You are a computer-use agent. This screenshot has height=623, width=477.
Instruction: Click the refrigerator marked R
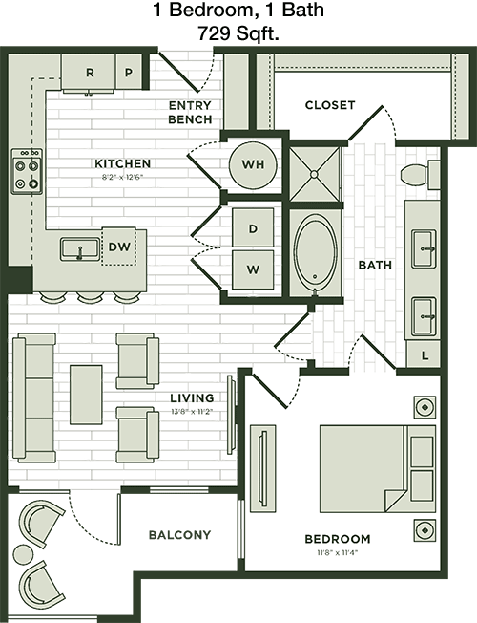click(89, 73)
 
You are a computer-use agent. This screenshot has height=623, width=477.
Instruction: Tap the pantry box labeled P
click(129, 72)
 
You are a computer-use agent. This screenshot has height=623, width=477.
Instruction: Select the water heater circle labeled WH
click(253, 164)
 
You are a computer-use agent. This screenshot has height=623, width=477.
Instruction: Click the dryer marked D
click(253, 228)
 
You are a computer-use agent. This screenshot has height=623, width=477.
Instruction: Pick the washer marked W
click(253, 269)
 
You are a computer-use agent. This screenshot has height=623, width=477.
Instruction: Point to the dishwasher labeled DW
click(119, 247)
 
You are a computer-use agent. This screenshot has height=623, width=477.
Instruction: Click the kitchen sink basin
click(80, 249)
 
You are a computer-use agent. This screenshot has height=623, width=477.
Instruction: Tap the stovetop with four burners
click(27, 171)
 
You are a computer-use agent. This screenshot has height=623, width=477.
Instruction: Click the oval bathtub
click(315, 252)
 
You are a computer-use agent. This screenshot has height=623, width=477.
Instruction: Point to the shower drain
click(314, 174)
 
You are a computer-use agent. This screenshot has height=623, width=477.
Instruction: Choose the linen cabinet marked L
click(424, 354)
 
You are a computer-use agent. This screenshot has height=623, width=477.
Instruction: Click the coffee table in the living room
click(86, 395)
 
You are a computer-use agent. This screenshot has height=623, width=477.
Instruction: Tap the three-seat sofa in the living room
click(34, 397)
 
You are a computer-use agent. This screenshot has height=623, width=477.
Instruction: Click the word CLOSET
click(330, 105)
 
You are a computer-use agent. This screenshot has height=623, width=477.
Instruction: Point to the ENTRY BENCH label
click(190, 113)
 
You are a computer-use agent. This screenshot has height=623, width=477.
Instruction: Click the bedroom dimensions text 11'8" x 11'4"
click(337, 552)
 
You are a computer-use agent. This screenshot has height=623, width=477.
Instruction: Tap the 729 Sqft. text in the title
click(238, 33)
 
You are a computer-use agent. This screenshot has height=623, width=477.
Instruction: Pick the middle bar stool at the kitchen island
click(91, 296)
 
